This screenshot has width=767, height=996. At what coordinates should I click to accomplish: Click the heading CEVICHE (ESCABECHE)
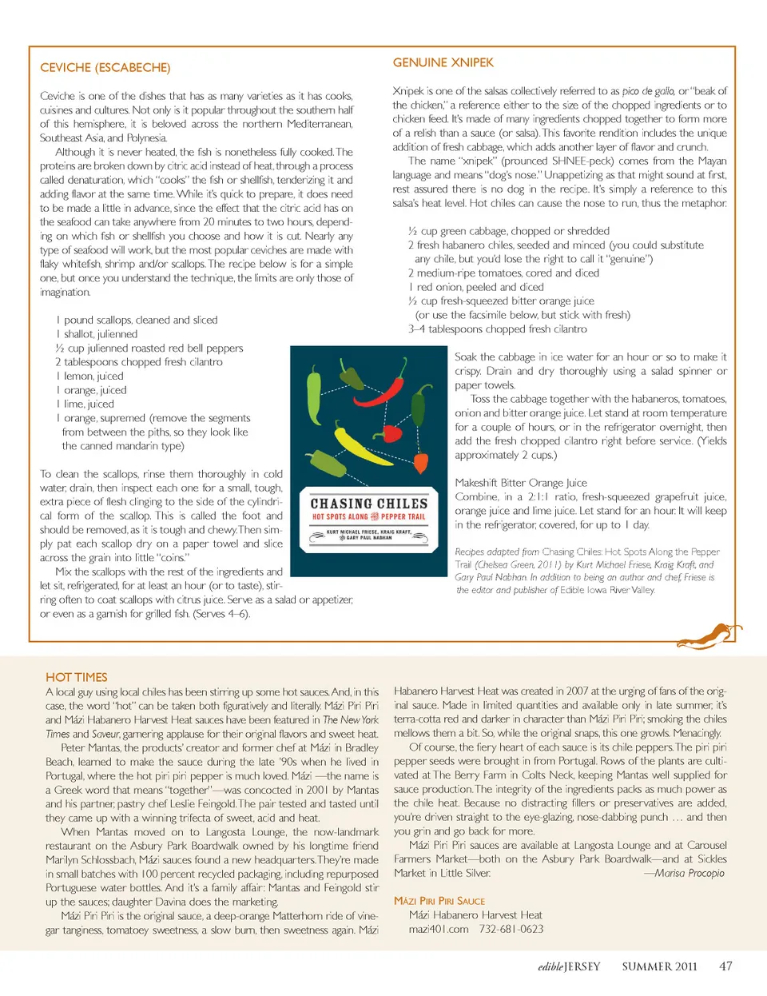pyautogui.click(x=105, y=68)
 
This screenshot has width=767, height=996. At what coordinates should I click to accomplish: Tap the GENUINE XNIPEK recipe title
pyautogui.click(x=443, y=62)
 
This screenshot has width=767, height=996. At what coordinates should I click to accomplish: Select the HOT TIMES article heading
pyautogui.click(x=76, y=677)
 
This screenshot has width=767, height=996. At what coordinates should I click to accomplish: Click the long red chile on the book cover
pyautogui.click(x=387, y=391)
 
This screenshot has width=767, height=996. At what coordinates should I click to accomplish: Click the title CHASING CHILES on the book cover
pyautogui.click(x=368, y=504)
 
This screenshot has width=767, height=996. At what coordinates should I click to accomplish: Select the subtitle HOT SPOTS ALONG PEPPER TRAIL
pyautogui.click(x=368, y=517)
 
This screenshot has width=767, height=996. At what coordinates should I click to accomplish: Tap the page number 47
pyautogui.click(x=725, y=966)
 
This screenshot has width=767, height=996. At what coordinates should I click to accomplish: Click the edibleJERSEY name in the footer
pyautogui.click(x=569, y=966)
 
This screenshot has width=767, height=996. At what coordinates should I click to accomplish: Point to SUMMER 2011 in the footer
pyautogui.click(x=659, y=966)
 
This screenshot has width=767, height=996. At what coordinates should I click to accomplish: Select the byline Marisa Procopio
pyautogui.click(x=688, y=873)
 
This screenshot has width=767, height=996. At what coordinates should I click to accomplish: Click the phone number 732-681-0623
pyautogui.click(x=511, y=929)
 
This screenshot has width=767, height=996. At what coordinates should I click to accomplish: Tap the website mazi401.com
pyautogui.click(x=439, y=929)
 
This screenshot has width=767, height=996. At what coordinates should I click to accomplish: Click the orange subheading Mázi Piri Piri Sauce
pyautogui.click(x=439, y=901)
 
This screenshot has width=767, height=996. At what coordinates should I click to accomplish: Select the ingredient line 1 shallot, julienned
pyautogui.click(x=97, y=334)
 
